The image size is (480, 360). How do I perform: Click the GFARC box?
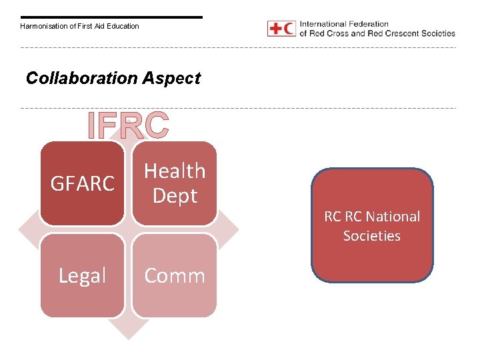[82, 183]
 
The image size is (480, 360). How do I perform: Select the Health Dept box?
[174, 183]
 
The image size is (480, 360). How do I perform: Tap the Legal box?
[82, 275]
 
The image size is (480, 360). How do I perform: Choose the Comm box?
[174, 275]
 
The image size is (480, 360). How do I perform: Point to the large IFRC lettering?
[129, 125]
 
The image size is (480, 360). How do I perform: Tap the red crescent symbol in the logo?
[289, 29]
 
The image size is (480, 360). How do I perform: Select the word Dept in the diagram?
[175, 195]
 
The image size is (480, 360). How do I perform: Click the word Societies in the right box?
[372, 236]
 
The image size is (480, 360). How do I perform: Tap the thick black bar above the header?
[111, 17]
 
